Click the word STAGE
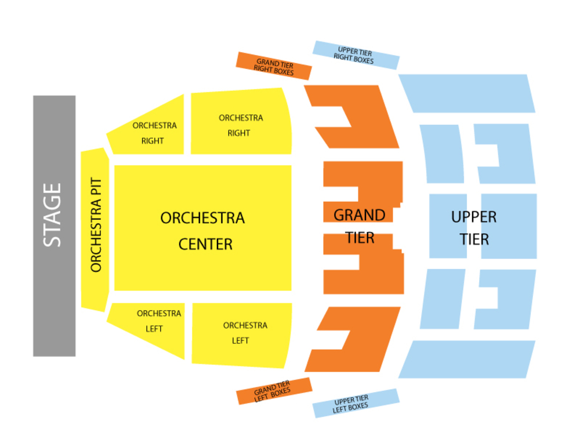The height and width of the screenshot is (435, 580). click(x=53, y=215)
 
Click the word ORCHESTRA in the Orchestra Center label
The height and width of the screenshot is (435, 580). click(x=202, y=218)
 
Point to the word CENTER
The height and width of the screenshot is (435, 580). click(x=205, y=244)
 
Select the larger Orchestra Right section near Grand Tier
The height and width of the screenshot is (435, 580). click(x=240, y=125)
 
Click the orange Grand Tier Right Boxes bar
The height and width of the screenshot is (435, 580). click(x=274, y=66)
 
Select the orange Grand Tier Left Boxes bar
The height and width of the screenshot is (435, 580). click(x=274, y=391)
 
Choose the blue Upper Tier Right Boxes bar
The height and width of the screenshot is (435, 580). click(x=356, y=55)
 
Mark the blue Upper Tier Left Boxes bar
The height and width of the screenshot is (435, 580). click(x=356, y=403)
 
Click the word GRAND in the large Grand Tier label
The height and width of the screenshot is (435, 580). click(x=359, y=215)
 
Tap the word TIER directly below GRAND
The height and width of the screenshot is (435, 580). click(x=360, y=238)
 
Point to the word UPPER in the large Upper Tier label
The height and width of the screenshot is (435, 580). click(x=474, y=217)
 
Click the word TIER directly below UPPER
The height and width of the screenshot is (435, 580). click(x=474, y=238)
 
